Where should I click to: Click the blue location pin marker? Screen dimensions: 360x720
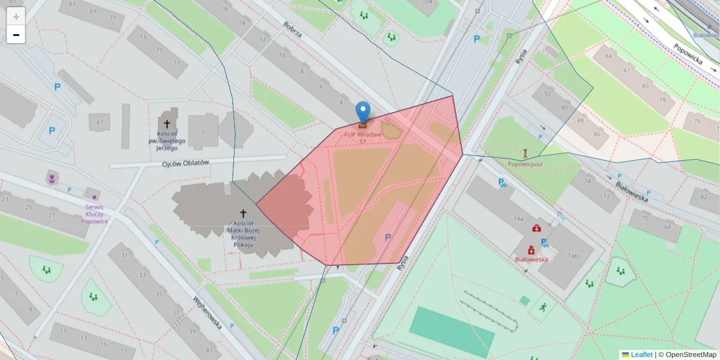tap(362, 112)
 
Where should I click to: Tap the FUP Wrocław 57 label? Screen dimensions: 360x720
tap(362, 138)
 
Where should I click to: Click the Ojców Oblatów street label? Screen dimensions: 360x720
tap(185, 163)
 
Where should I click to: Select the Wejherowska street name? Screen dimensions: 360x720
tap(208, 313)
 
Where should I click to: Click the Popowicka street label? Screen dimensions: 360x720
tap(688, 53)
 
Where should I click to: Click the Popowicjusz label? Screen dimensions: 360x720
tap(525, 163)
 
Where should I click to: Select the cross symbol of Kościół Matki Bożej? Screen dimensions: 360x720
tap(243, 213)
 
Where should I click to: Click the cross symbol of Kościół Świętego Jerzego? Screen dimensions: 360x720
tap(167, 123)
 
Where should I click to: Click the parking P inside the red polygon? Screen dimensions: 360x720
tap(388, 238)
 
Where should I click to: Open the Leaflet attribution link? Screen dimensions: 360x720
tap(641, 355)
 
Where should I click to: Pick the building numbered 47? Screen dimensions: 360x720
tap(99, 122)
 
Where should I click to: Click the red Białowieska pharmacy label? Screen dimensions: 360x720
tap(531, 259)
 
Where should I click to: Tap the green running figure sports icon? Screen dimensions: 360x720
tap(543, 307)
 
